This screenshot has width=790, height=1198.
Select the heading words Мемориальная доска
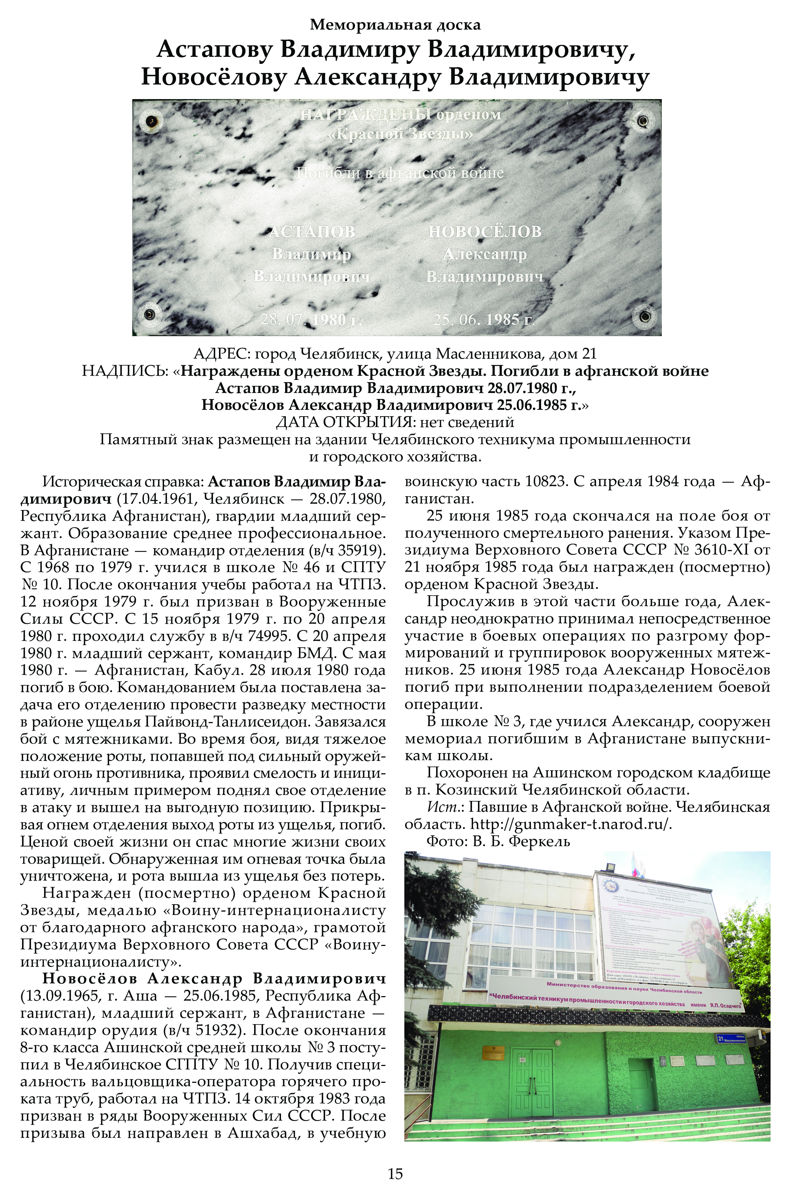coord(395,24)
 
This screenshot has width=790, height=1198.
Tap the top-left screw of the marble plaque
coord(151,121)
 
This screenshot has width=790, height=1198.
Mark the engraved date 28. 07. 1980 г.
coord(311,320)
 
